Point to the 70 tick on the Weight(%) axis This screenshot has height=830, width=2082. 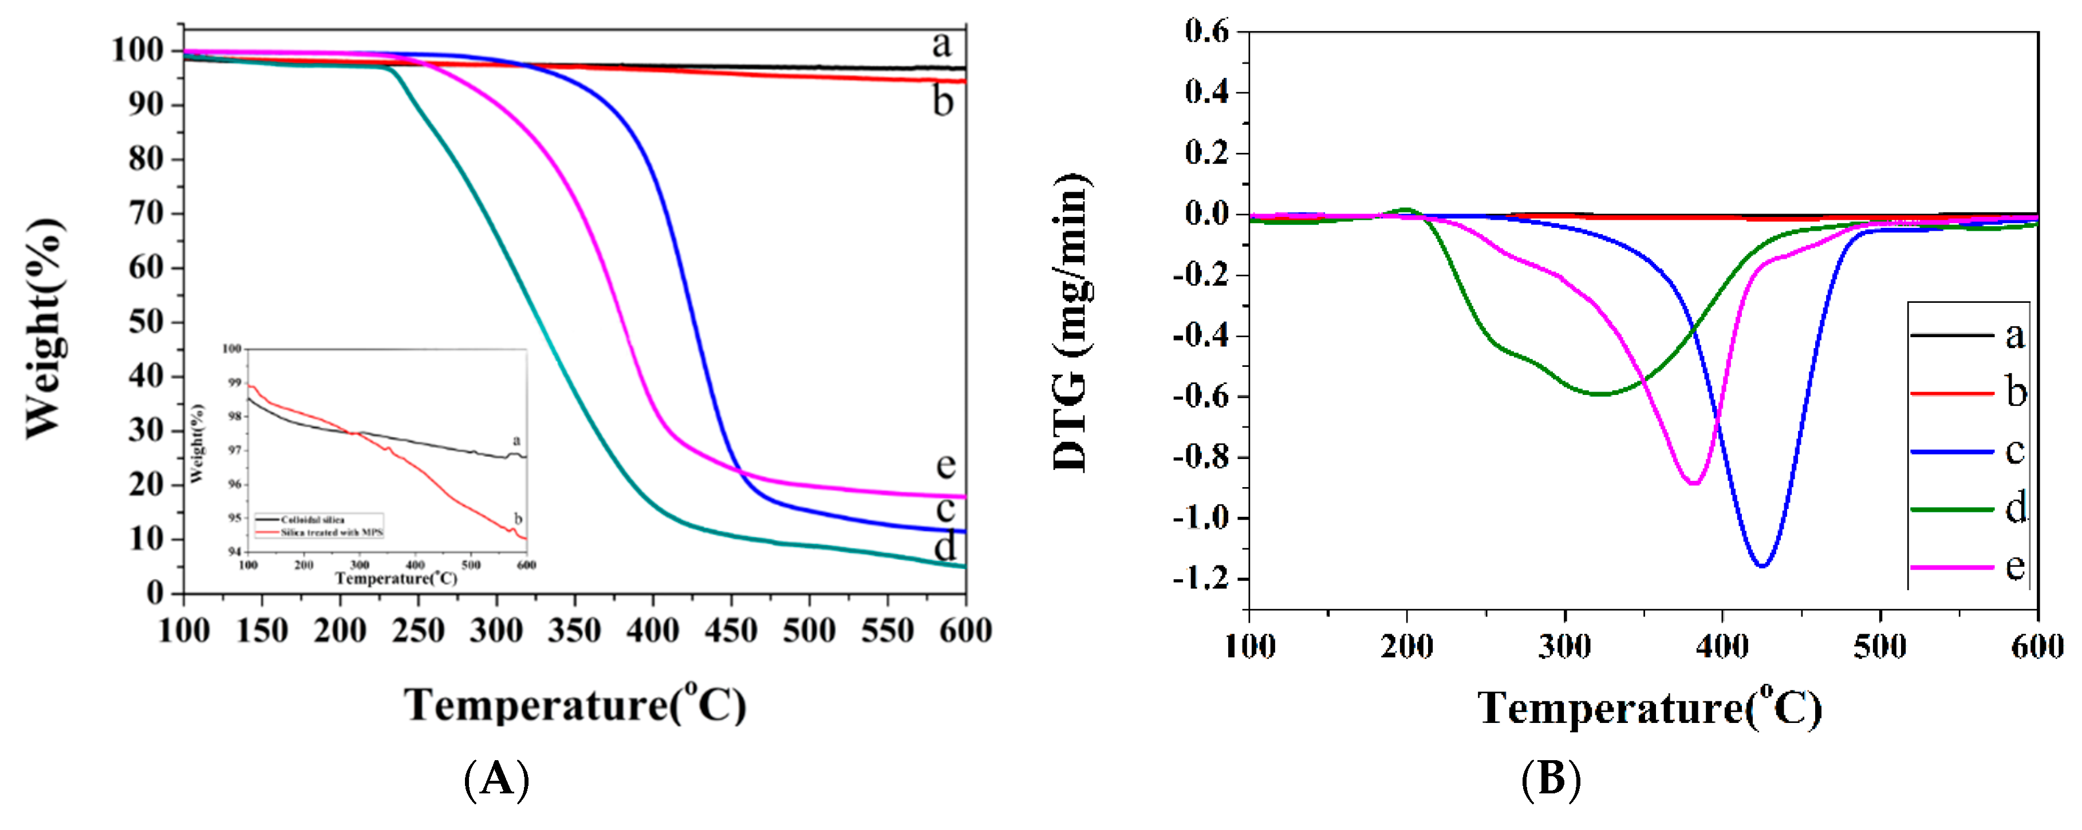[x=145, y=214]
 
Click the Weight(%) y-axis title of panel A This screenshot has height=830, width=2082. [x=45, y=327]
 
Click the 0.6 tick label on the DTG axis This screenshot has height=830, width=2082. [x=1206, y=31]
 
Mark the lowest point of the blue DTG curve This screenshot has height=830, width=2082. [x=1762, y=566]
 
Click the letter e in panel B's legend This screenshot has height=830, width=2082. [x=2015, y=567]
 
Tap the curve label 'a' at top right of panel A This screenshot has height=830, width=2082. [x=941, y=45]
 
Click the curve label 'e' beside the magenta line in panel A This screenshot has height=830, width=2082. [x=945, y=465]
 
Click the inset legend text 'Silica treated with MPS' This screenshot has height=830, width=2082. [x=332, y=532]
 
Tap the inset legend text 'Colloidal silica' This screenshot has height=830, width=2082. [x=313, y=520]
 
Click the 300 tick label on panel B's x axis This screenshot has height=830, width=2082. [x=1565, y=647]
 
